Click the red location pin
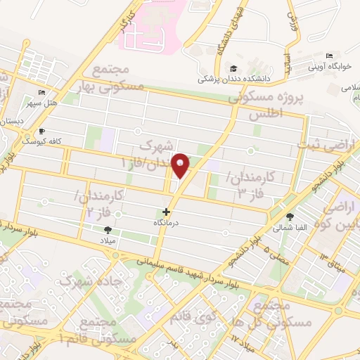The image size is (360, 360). point(181,165)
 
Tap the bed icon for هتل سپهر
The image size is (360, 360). point(41,92)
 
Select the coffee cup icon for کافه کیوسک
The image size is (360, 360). point(41,131)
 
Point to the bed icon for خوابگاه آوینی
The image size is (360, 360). point(329,56)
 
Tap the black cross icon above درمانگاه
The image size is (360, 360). point(166,212)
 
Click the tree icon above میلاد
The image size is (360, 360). point(108,230)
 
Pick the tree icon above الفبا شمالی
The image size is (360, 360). point(290,217)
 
